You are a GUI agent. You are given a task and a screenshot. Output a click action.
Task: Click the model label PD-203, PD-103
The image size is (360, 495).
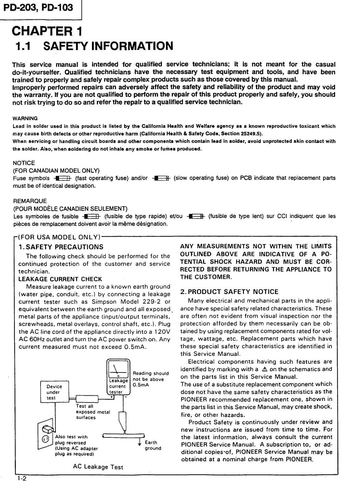[38, 7]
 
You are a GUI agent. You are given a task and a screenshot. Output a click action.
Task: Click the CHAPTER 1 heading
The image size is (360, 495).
[47, 31]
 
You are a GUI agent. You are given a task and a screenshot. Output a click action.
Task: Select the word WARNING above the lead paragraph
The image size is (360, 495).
[25, 118]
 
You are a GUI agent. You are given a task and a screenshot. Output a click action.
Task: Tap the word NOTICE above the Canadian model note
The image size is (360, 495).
[24, 163]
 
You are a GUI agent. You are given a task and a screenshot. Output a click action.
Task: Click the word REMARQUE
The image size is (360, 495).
[30, 201]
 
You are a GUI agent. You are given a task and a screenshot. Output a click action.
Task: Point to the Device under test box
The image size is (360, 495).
[54, 392]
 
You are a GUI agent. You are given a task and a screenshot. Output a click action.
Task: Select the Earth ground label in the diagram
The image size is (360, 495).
[153, 445]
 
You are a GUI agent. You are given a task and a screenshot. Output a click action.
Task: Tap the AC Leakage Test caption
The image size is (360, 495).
[98, 467]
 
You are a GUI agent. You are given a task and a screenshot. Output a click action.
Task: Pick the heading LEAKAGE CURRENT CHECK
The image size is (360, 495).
[60, 279]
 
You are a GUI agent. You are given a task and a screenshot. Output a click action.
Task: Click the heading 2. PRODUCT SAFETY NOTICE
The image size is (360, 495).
[229, 292]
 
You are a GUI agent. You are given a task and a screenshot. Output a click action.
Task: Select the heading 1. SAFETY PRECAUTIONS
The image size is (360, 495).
[61, 247]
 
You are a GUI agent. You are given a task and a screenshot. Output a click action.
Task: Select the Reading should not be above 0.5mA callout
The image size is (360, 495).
[150, 379]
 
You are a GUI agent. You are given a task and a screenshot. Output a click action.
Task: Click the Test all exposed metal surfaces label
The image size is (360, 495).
[93, 412]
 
